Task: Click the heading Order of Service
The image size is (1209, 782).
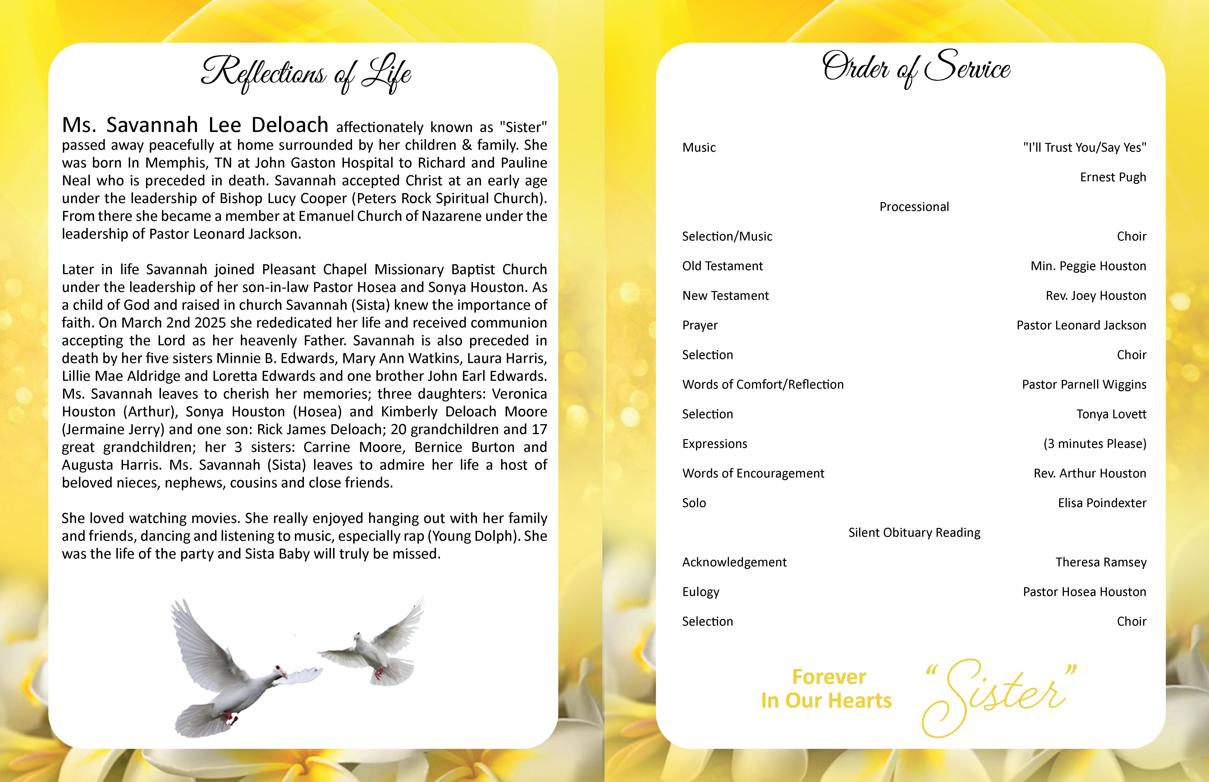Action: click(x=916, y=68)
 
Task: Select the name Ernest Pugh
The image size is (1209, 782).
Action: click(x=1113, y=177)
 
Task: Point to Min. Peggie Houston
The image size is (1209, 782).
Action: click(x=1088, y=266)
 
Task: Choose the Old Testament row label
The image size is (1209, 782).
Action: click(x=722, y=266)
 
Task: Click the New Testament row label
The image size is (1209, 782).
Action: click(x=725, y=296)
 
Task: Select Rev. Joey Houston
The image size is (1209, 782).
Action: click(x=1096, y=296)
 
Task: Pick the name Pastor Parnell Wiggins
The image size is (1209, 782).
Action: click(x=1084, y=384)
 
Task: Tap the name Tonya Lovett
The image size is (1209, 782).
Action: click(x=1111, y=414)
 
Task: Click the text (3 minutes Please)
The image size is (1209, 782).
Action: click(x=1095, y=444)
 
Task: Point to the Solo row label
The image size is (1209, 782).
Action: click(x=694, y=503)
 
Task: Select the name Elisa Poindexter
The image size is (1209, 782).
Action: click(x=1102, y=503)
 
